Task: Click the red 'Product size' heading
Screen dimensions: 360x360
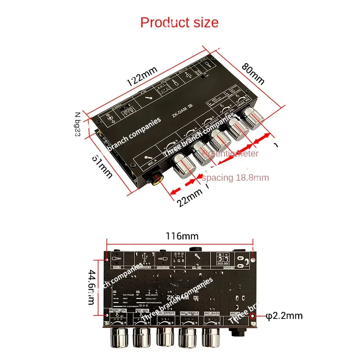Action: (x=179, y=22)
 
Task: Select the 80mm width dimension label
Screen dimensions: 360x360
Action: (x=253, y=73)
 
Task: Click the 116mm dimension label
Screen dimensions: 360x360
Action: (x=182, y=236)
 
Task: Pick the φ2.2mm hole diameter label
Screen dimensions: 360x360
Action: (x=284, y=316)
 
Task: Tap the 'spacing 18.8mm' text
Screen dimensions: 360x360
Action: (x=235, y=177)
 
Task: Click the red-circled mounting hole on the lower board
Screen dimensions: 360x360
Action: (x=253, y=316)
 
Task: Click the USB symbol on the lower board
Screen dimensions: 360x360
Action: (x=145, y=256)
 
